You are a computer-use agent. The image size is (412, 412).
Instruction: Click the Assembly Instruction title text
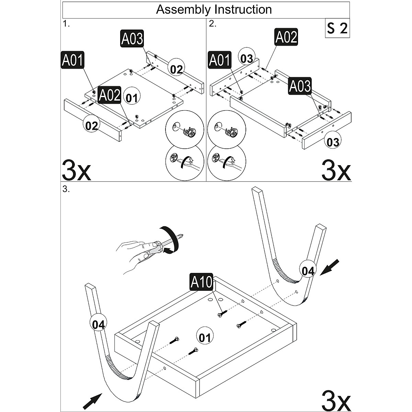pyautogui.click(x=214, y=9)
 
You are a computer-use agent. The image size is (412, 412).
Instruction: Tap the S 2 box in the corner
pyautogui.click(x=337, y=28)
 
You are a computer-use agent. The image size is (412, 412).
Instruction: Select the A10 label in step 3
pyautogui.click(x=201, y=282)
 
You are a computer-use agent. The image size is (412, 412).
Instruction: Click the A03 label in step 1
pyautogui.click(x=132, y=38)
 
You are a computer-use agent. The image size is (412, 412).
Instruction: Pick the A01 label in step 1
pyautogui.click(x=72, y=60)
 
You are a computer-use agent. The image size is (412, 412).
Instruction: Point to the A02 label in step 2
pyautogui.click(x=286, y=37)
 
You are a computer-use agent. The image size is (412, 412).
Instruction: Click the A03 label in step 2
pyautogui.click(x=300, y=86)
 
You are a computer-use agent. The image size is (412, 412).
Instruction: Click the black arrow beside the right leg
pyautogui.click(x=329, y=267)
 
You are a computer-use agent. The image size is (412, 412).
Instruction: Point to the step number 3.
pyautogui.click(x=66, y=190)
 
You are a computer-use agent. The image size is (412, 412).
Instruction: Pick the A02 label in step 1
pyautogui.click(x=109, y=95)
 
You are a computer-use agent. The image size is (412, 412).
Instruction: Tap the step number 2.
pyautogui.click(x=212, y=24)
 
